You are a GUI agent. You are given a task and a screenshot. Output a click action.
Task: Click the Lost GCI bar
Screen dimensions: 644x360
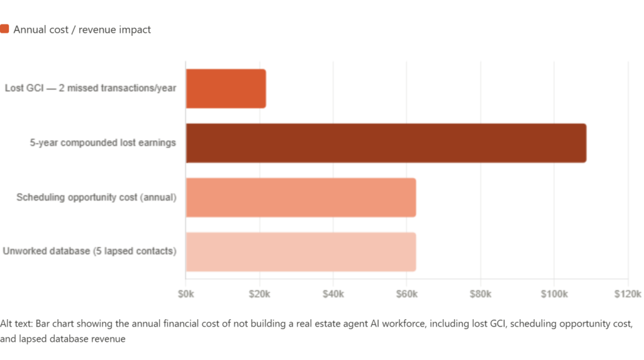[226, 89]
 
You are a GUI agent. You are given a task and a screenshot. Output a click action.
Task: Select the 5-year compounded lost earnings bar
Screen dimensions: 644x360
[386, 143]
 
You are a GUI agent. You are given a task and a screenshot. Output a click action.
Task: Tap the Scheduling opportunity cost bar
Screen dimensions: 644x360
[301, 198]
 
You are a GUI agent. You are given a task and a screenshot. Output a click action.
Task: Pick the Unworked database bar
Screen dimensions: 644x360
[301, 252]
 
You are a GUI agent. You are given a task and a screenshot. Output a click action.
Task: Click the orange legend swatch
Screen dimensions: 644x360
[4, 29]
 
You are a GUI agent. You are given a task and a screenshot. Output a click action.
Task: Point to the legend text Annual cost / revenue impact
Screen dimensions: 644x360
[82, 30]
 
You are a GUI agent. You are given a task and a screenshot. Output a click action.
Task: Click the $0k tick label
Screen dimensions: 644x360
[186, 294]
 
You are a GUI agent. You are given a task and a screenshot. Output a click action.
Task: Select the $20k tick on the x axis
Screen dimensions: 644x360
[260, 294]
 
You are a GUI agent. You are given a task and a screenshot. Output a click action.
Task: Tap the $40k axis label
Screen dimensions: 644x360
[333, 294]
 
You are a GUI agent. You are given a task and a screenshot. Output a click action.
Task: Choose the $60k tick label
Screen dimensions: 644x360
[407, 294]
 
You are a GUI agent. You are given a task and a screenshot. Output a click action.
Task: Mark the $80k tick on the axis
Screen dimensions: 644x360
[480, 294]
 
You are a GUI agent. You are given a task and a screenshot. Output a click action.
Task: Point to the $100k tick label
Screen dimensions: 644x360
[554, 294]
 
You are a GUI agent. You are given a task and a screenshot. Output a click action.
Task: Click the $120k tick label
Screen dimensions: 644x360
[628, 294]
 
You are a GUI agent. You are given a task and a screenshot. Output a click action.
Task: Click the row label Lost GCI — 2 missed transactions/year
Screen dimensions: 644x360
[91, 88]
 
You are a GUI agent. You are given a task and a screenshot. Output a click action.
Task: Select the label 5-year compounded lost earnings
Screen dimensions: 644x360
[103, 143]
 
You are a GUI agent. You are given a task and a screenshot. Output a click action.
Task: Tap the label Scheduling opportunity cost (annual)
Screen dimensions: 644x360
[96, 197]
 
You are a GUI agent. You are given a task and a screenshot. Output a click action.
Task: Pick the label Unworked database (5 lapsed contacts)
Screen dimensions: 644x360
[89, 251]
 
